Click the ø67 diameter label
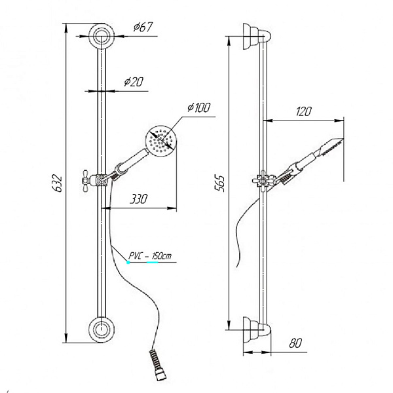(143, 27)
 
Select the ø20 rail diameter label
(134, 82)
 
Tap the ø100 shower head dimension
(199, 107)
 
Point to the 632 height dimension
(58, 183)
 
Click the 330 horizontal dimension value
(139, 199)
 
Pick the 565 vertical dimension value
(220, 183)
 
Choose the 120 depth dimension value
(304, 111)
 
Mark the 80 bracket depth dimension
(295, 343)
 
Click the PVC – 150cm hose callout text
(150, 256)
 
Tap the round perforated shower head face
(161, 141)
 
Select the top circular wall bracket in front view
(102, 36)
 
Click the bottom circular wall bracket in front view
(102, 329)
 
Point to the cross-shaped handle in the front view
(86, 181)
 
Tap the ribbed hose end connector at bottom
(157, 365)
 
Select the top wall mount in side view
(257, 36)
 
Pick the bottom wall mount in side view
(257, 329)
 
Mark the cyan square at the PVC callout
(128, 263)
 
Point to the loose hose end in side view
(237, 266)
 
